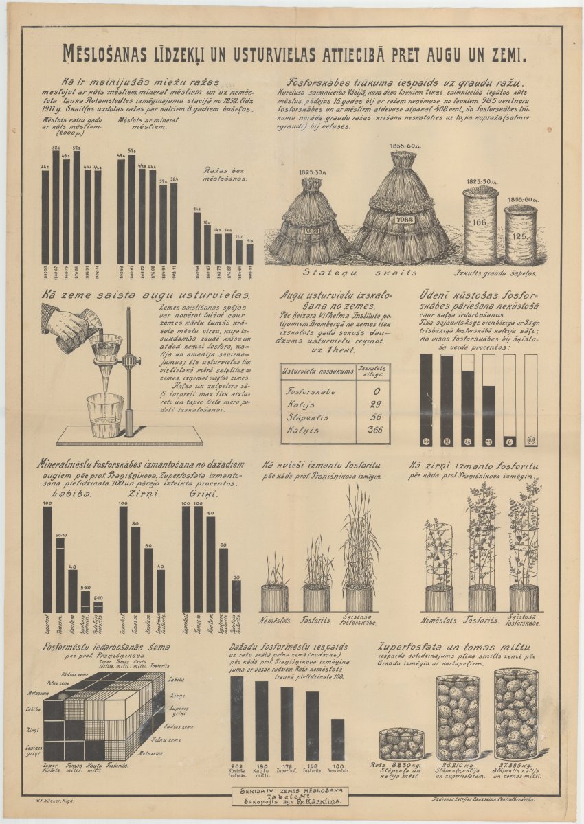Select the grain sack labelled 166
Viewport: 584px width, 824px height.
click(x=480, y=224)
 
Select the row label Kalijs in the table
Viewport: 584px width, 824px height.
click(x=300, y=404)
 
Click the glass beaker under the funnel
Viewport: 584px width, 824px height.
click(x=105, y=415)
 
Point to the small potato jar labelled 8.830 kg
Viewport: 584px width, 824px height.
click(x=401, y=743)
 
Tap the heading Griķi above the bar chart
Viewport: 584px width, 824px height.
click(x=203, y=495)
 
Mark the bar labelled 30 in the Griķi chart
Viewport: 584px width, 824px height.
click(x=236, y=596)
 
